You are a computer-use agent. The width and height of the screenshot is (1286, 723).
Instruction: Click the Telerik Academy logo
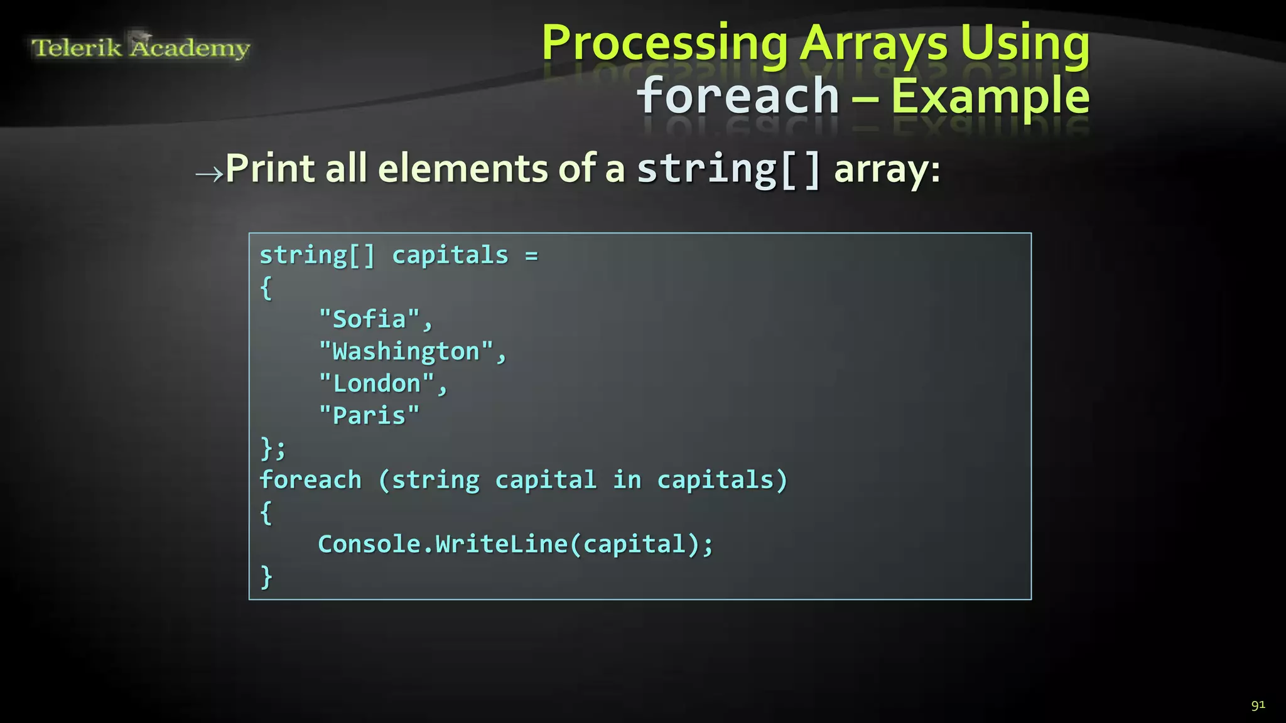[141, 47]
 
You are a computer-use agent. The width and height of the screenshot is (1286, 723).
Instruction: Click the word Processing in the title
[664, 44]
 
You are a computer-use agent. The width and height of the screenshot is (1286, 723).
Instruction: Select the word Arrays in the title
[874, 44]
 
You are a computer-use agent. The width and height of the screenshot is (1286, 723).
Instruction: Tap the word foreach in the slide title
[738, 96]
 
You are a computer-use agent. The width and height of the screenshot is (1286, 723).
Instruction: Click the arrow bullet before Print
[209, 173]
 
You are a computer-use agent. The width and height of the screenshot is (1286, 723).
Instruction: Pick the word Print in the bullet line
[270, 169]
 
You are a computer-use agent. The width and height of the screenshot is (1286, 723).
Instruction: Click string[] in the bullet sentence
[728, 169]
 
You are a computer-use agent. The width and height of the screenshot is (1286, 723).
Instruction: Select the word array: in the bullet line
[887, 169]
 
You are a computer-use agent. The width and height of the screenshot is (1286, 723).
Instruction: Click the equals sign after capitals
[531, 256]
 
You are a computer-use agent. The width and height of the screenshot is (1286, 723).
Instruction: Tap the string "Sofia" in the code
[369, 319]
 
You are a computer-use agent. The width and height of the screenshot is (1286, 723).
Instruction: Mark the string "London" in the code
[377, 383]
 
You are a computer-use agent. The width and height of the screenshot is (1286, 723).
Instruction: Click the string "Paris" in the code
[369, 415]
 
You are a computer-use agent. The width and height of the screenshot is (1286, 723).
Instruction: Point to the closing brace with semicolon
[273, 448]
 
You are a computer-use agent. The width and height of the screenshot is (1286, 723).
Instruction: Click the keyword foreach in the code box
[311, 480]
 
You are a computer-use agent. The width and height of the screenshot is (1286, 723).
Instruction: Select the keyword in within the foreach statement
[627, 480]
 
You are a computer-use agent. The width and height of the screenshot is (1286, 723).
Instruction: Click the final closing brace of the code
[266, 576]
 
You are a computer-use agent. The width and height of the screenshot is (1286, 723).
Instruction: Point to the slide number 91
[1258, 705]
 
